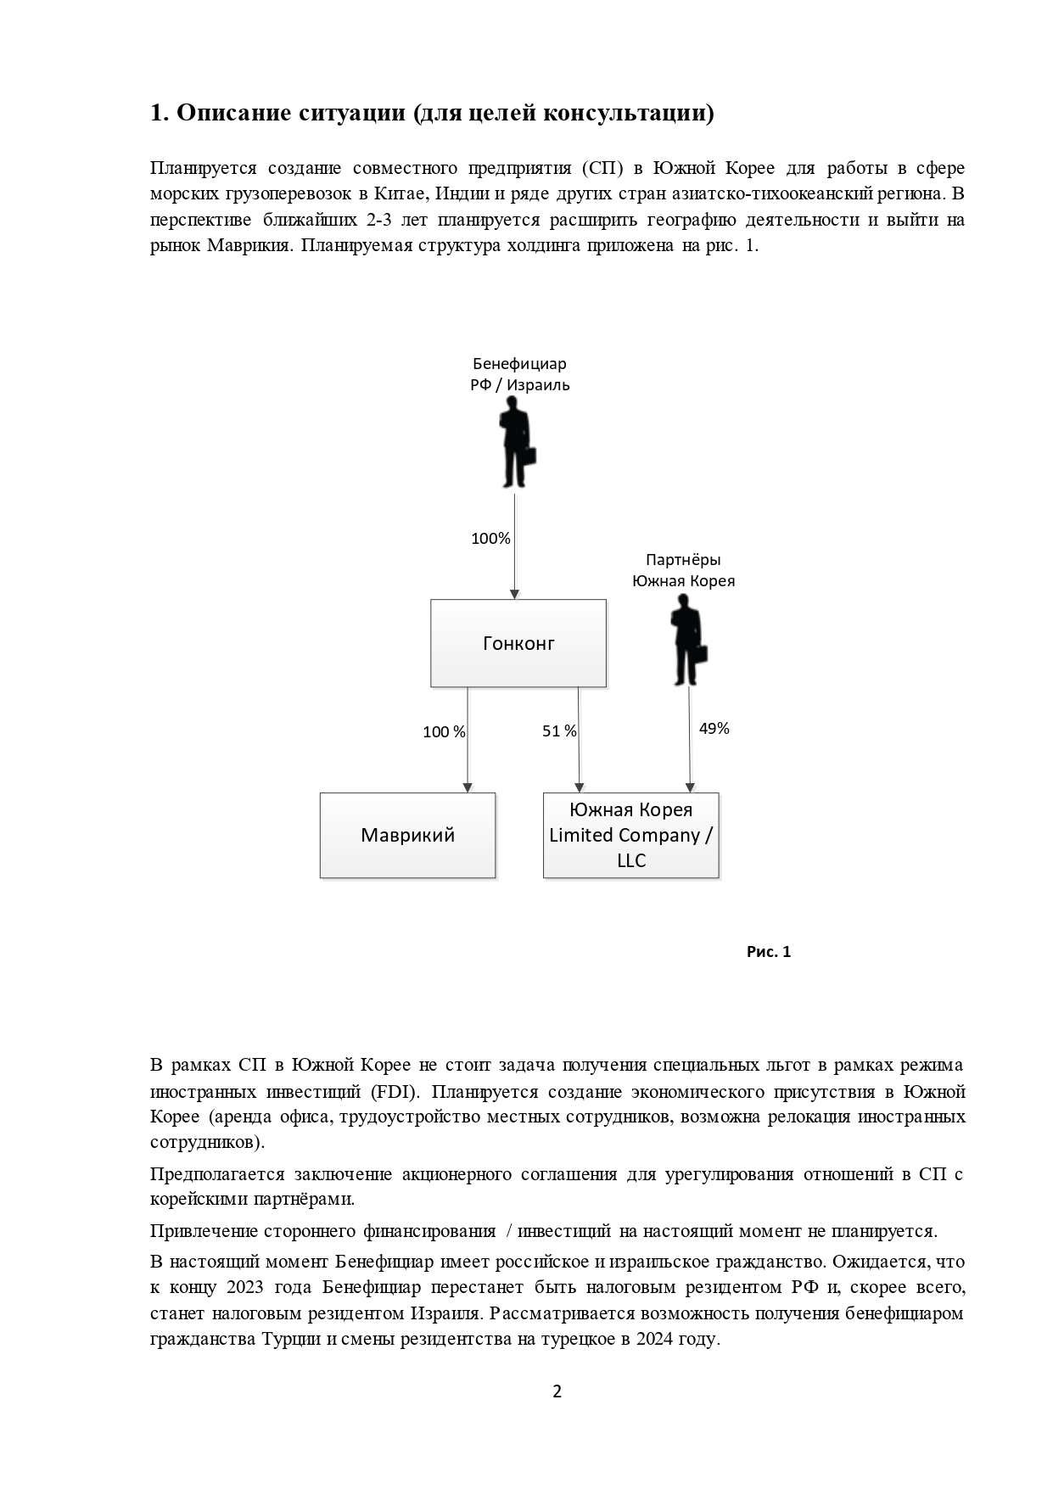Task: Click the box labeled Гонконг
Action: pyautogui.click(x=518, y=643)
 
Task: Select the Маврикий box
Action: pyautogui.click(x=407, y=835)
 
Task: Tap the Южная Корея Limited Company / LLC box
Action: pyautogui.click(x=630, y=835)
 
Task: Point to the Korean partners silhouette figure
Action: pyautogui.click(x=688, y=640)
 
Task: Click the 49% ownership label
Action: pyautogui.click(x=714, y=728)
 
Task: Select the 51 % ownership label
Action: pyautogui.click(x=559, y=731)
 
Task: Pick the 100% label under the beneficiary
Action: pyautogui.click(x=490, y=538)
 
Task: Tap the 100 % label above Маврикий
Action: pyautogui.click(x=444, y=731)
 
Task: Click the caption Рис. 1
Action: pyautogui.click(x=768, y=952)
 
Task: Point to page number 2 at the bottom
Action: pyautogui.click(x=557, y=1391)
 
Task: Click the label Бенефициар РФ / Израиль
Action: pyautogui.click(x=520, y=374)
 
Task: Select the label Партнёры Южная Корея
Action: pyautogui.click(x=683, y=570)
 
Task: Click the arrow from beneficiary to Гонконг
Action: pyautogui.click(x=515, y=547)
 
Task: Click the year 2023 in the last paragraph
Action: pyautogui.click(x=245, y=1287)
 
